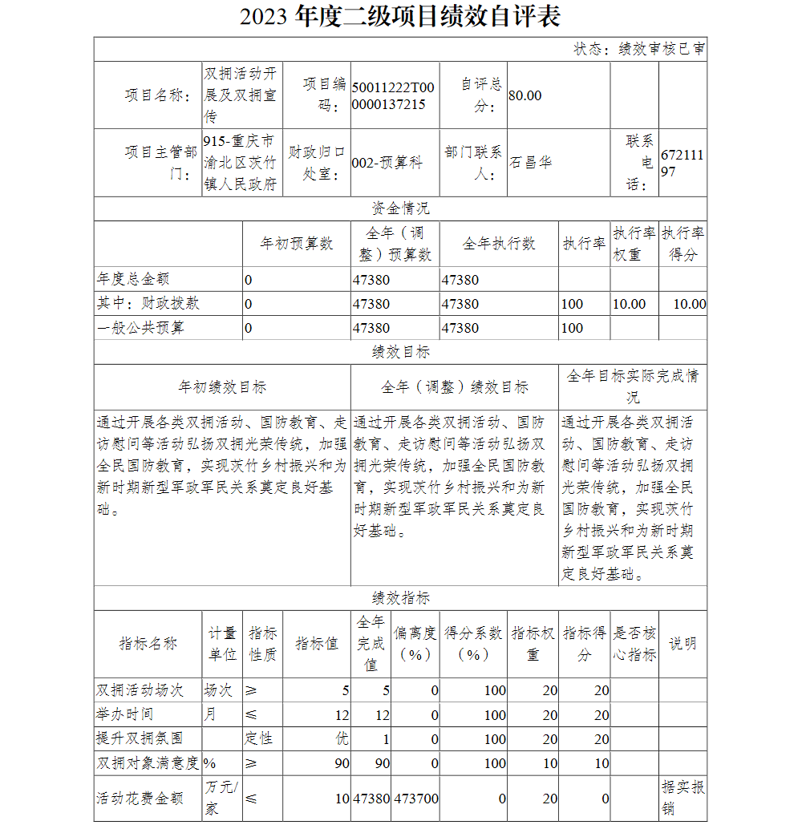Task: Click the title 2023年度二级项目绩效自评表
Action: click(400, 17)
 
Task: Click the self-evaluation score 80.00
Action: click(525, 96)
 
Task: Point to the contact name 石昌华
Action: click(531, 163)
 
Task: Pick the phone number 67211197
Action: click(682, 163)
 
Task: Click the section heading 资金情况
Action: click(400, 208)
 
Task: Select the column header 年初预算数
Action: click(297, 244)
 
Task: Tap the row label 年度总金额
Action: click(133, 280)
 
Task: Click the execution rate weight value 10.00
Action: click(629, 304)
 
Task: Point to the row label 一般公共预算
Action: click(141, 328)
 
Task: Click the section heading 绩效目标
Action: click(400, 352)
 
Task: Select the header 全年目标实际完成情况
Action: click(633, 386)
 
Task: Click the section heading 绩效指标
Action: click(400, 598)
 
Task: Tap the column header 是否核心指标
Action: click(634, 644)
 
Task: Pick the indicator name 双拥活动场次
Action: click(140, 690)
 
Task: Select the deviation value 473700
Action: click(416, 799)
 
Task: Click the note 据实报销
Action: click(683, 798)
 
